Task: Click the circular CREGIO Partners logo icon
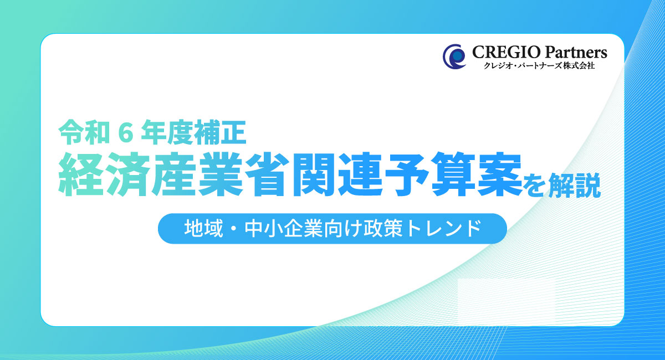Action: coord(454,56)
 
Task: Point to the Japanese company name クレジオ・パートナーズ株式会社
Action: coord(539,65)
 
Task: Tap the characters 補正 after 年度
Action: coord(221,132)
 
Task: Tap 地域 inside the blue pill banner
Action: coord(203,229)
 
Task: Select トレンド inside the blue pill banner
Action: coord(443,229)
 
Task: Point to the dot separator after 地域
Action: coord(234,229)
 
